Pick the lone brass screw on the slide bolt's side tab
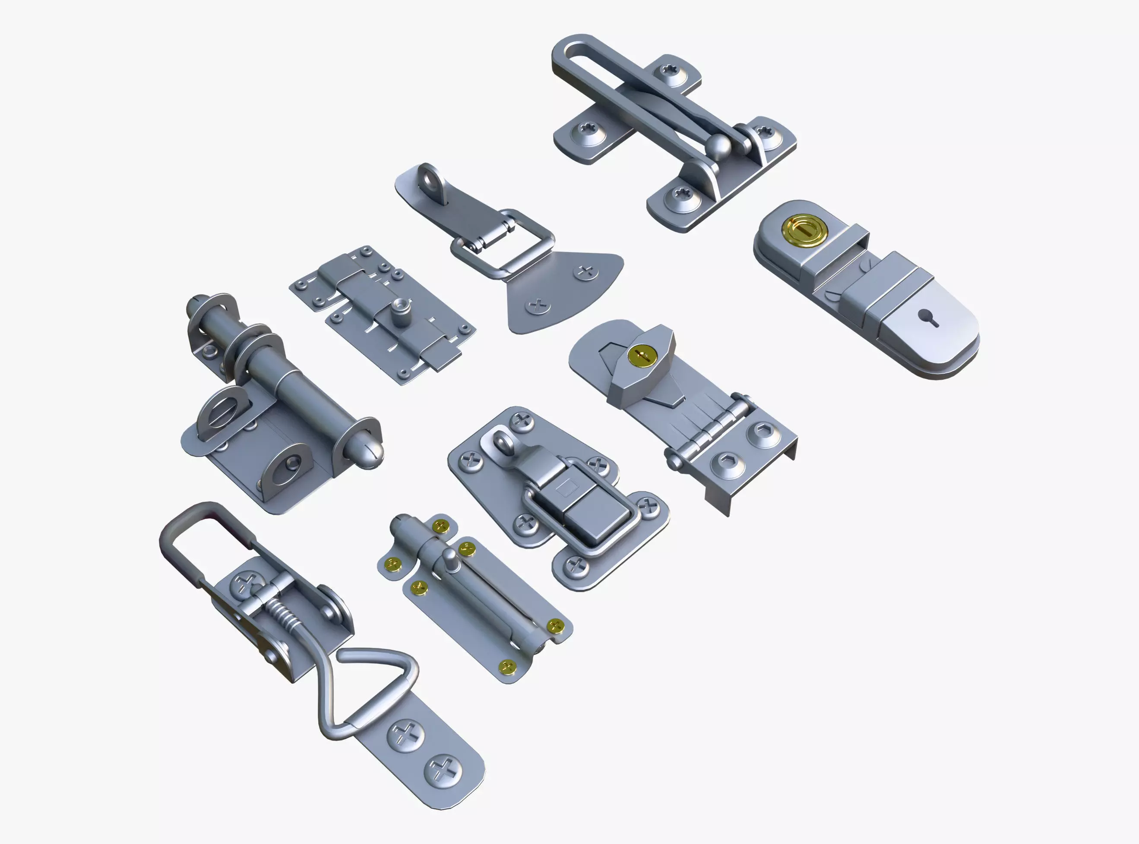click(x=393, y=564)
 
